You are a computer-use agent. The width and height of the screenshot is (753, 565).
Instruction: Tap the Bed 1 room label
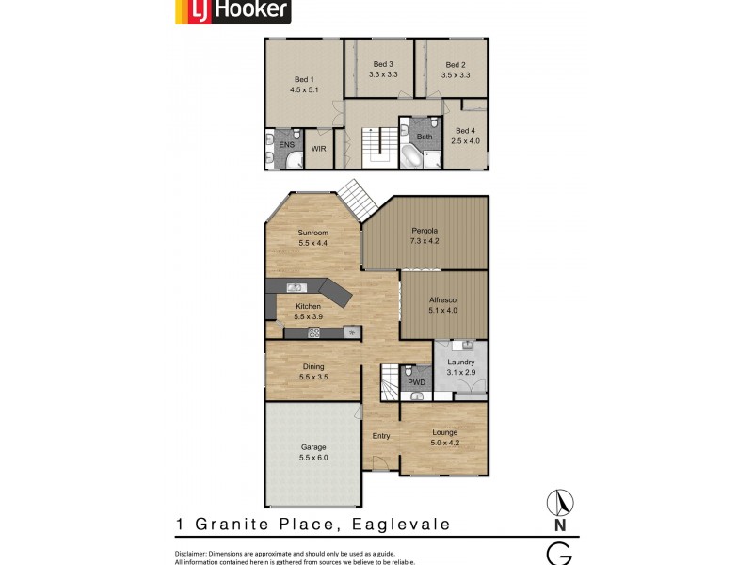302,79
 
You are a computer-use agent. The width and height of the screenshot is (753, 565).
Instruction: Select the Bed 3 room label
381,64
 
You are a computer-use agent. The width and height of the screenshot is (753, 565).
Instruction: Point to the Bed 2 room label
456,64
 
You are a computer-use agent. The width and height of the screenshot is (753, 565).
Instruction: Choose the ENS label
286,145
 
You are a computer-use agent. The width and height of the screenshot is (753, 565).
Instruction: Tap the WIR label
318,148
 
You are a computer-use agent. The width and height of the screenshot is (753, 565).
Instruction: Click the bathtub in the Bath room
411,155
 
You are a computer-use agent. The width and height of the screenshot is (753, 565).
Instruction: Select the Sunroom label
312,233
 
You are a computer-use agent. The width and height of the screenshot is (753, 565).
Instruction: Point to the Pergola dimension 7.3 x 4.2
425,241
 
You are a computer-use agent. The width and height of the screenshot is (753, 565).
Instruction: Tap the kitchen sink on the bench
293,287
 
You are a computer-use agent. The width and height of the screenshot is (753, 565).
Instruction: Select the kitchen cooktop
313,331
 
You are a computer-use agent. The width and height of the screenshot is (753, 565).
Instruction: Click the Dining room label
312,366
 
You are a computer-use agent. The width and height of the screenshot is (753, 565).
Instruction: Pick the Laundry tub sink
468,345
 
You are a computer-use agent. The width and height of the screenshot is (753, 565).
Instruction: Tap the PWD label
416,382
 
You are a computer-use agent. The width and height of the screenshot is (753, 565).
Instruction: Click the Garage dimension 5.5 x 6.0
313,457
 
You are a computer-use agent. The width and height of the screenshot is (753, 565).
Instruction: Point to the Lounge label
444,432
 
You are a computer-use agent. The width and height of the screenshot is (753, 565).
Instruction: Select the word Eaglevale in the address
400,525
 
